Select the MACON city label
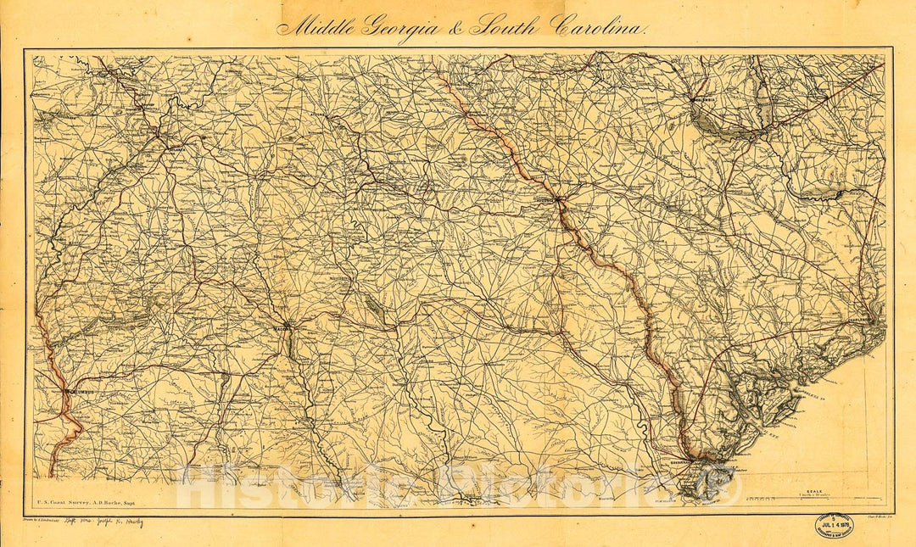281,326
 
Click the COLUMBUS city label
77,393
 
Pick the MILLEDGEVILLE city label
346,276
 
